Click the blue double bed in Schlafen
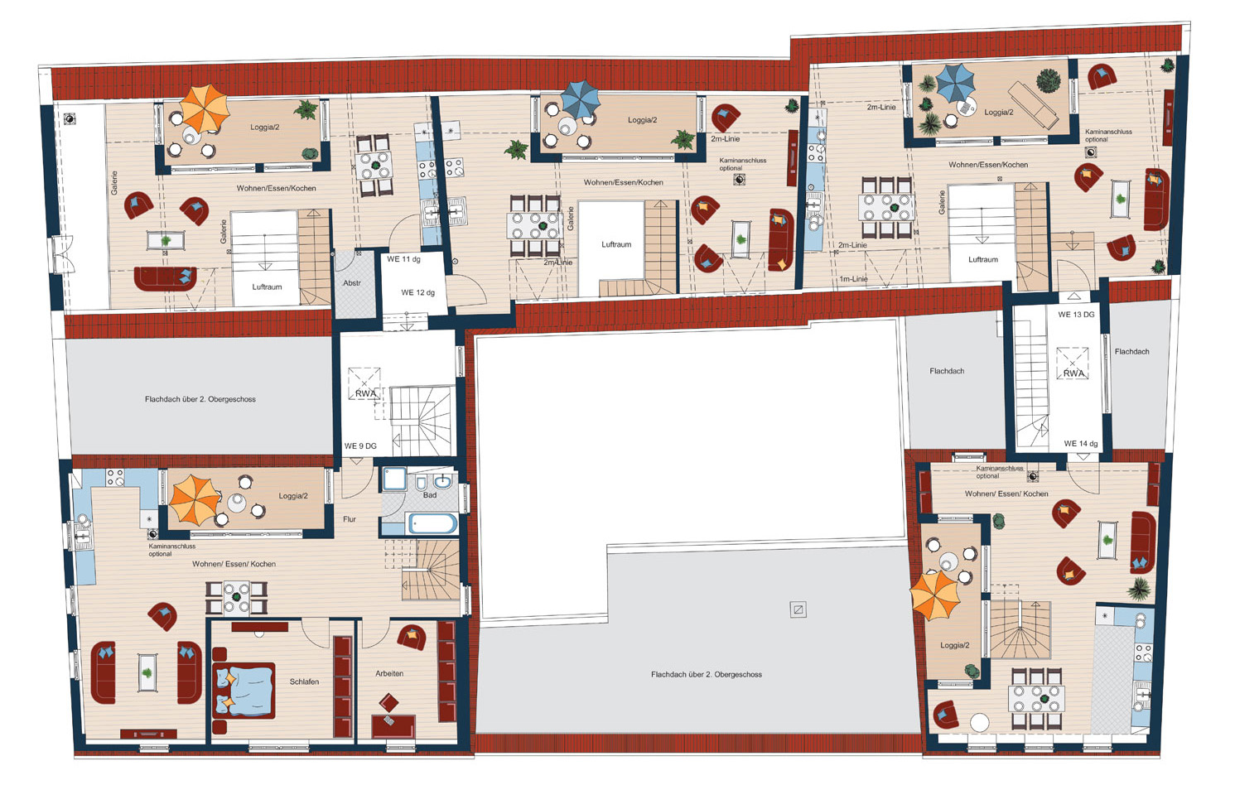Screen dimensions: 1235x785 tap(244, 690)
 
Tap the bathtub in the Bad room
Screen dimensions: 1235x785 tap(432, 523)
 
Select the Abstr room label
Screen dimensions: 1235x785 tap(352, 283)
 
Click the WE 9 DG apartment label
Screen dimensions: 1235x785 tap(360, 446)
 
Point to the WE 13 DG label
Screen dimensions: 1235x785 tap(1076, 314)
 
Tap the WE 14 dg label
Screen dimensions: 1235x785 tap(1081, 443)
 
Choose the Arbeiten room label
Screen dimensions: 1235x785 tap(389, 673)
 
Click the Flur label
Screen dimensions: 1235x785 tap(350, 518)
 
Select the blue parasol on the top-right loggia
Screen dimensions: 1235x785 tap(956, 83)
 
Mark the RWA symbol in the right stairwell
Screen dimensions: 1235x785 tap(1073, 364)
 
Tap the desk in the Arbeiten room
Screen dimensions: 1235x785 tap(393, 725)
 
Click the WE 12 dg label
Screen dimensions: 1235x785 tap(418, 292)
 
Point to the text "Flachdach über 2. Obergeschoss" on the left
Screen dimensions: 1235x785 tap(200, 398)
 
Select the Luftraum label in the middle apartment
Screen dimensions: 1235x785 tap(616, 244)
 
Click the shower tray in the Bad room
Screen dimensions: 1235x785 tap(395, 479)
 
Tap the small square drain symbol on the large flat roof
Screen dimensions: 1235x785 tap(798, 609)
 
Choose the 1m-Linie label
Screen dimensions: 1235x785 tap(853, 279)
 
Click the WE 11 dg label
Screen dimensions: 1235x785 tap(403, 259)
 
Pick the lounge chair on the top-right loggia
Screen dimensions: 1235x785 tap(1033, 105)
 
